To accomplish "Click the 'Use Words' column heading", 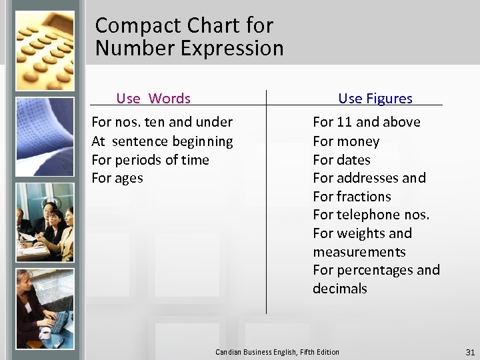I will [x=153, y=99].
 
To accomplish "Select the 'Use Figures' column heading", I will [x=375, y=99].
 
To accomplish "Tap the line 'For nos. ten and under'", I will [x=162, y=122].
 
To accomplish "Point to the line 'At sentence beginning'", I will [x=162, y=141].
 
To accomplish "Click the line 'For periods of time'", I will [x=150, y=160].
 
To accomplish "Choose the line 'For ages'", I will [x=117, y=178].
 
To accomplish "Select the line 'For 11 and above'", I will [x=367, y=122].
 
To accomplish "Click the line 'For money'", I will [x=346, y=141].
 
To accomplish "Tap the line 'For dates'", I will [x=341, y=160].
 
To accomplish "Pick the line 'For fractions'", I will [x=352, y=197].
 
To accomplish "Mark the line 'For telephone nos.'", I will [x=371, y=215].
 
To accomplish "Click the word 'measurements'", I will [x=359, y=252].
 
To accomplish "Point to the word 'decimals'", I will [x=340, y=289].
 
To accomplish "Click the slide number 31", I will [x=469, y=352].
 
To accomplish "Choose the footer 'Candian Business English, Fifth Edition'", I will [x=277, y=352].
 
